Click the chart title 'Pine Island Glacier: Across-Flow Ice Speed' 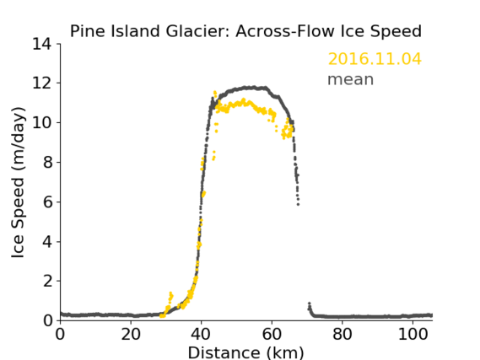click(245, 31)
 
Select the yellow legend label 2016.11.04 click(375, 59)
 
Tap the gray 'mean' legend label click(351, 79)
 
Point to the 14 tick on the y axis click(42, 44)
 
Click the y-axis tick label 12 click(42, 83)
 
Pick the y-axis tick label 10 click(42, 122)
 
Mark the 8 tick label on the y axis click(47, 162)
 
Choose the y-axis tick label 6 click(47, 201)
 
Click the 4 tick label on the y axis click(47, 242)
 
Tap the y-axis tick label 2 click(47, 281)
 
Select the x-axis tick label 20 click(131, 334)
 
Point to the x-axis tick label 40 click(202, 334)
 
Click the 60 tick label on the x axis click(272, 334)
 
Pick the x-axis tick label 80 click(342, 334)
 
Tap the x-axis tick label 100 click(413, 334)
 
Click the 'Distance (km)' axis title click(245, 352)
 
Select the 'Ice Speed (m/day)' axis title click(18, 182)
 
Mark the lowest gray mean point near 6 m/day click(298, 204)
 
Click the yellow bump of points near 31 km click(170, 295)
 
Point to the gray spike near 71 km click(310, 304)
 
